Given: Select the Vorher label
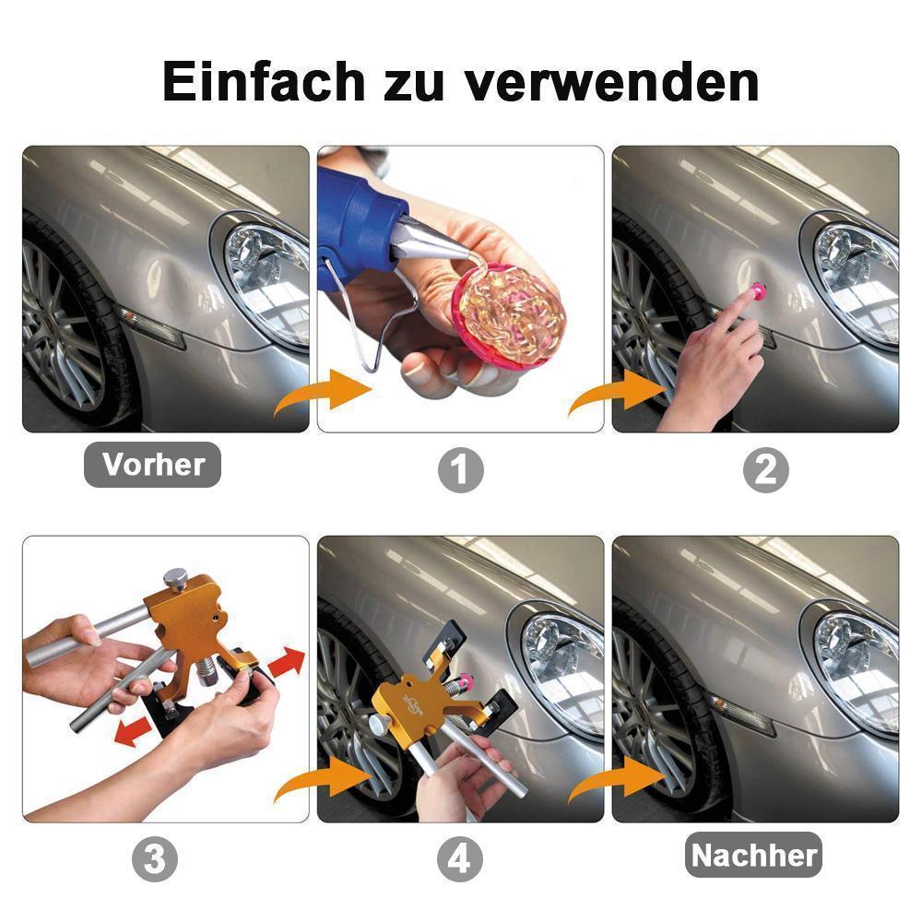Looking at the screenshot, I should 153,465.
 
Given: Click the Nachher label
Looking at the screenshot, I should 754,856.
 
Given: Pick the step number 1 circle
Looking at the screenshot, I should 460,471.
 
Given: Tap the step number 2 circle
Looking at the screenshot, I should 765,471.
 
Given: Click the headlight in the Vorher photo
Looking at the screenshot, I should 267,277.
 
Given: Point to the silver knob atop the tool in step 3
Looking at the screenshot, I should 176,578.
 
